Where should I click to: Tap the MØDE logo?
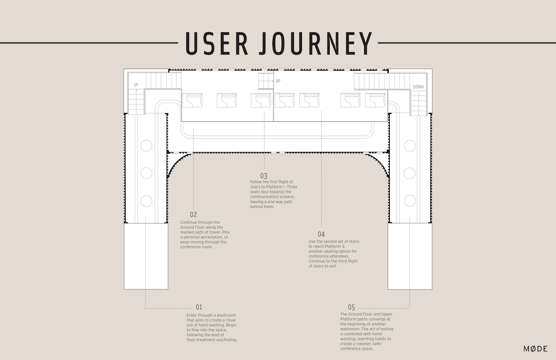(535, 349)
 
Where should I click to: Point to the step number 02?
(193, 214)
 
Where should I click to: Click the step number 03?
(264, 176)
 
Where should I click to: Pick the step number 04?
(321, 234)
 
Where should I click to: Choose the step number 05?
(351, 307)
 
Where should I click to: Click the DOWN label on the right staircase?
(418, 87)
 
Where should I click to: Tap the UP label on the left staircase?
(136, 85)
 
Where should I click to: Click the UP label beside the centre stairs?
(278, 81)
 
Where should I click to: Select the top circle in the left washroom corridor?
(146, 146)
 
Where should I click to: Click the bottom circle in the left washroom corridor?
(146, 200)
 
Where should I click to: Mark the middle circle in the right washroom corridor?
(410, 173)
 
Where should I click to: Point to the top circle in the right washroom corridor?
(410, 146)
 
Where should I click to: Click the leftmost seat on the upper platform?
(192, 101)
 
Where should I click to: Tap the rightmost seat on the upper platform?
(375, 101)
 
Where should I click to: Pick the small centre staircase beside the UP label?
(265, 81)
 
